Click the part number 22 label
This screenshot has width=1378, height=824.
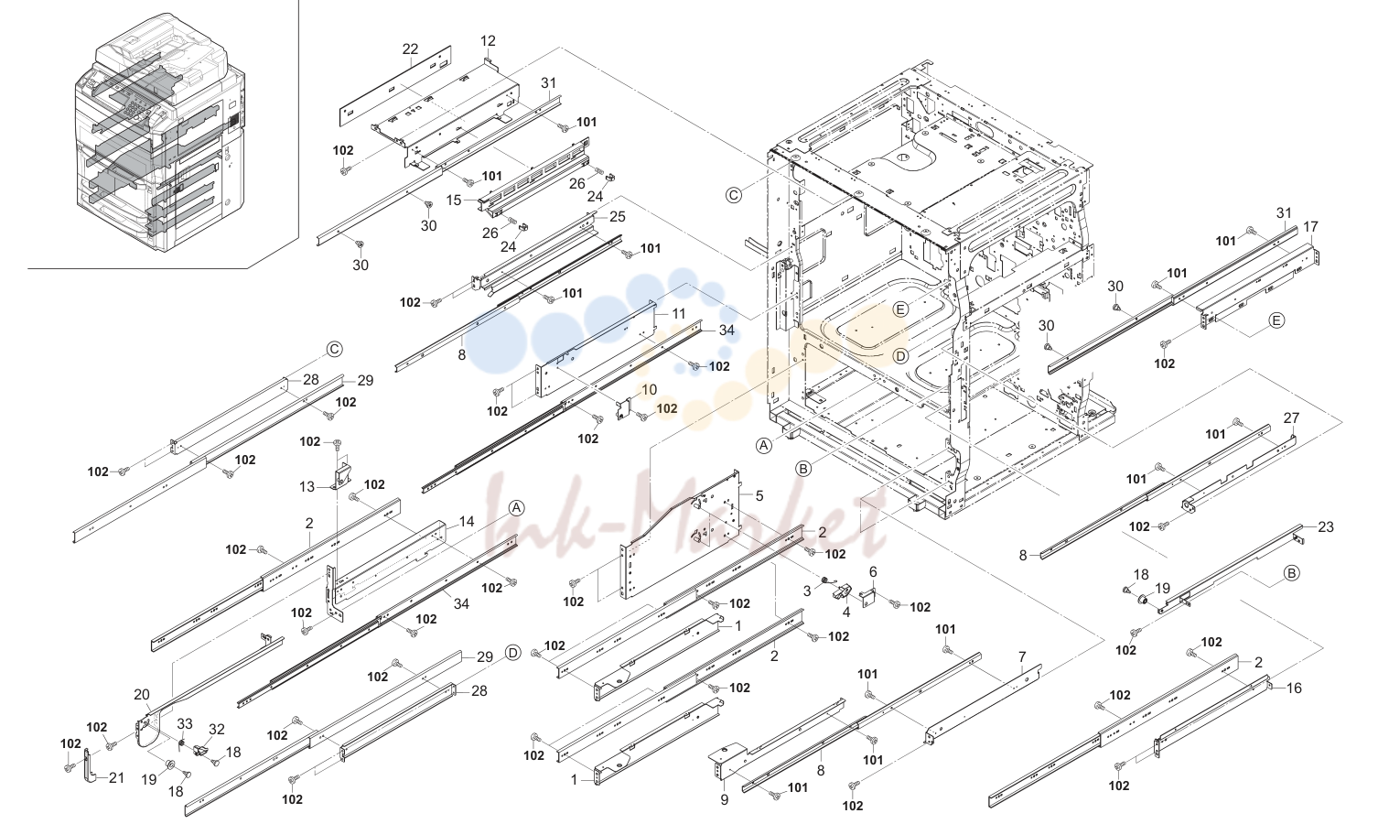tap(410, 49)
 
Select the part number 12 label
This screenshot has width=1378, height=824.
tap(488, 40)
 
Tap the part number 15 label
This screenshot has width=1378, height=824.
tap(454, 201)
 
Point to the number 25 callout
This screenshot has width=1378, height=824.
tap(617, 217)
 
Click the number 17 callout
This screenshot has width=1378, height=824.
tap(1310, 227)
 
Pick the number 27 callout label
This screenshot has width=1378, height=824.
tap(1291, 417)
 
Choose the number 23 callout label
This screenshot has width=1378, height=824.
tap(1326, 526)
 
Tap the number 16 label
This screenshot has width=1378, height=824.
tap(1295, 688)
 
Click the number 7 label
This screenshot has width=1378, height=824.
tap(1022, 656)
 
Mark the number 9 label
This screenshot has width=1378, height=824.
tap(725, 799)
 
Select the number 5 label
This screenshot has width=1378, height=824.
tap(759, 496)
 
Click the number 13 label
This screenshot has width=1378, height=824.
tap(307, 487)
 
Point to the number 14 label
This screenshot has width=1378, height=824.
tap(467, 522)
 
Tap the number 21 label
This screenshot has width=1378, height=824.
tap(117, 778)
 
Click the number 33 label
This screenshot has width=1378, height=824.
tap(185, 723)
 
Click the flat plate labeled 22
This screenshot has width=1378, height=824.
tap(395, 85)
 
